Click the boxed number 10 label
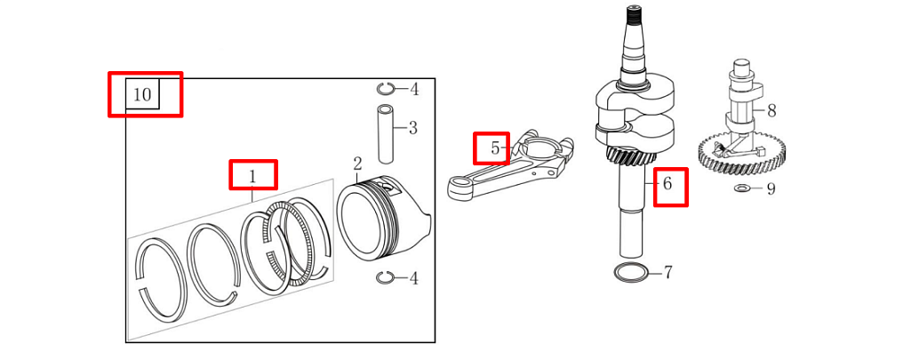(142, 94)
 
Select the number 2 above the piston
(357, 164)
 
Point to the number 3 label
(412, 128)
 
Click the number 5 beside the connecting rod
(494, 148)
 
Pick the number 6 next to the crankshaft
(667, 184)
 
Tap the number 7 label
(668, 272)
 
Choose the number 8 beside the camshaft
(771, 110)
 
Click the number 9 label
(771, 188)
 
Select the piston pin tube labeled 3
(386, 133)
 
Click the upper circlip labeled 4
(385, 88)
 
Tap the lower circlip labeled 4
(385, 278)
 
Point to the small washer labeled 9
(742, 188)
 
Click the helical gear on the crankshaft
(631, 155)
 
